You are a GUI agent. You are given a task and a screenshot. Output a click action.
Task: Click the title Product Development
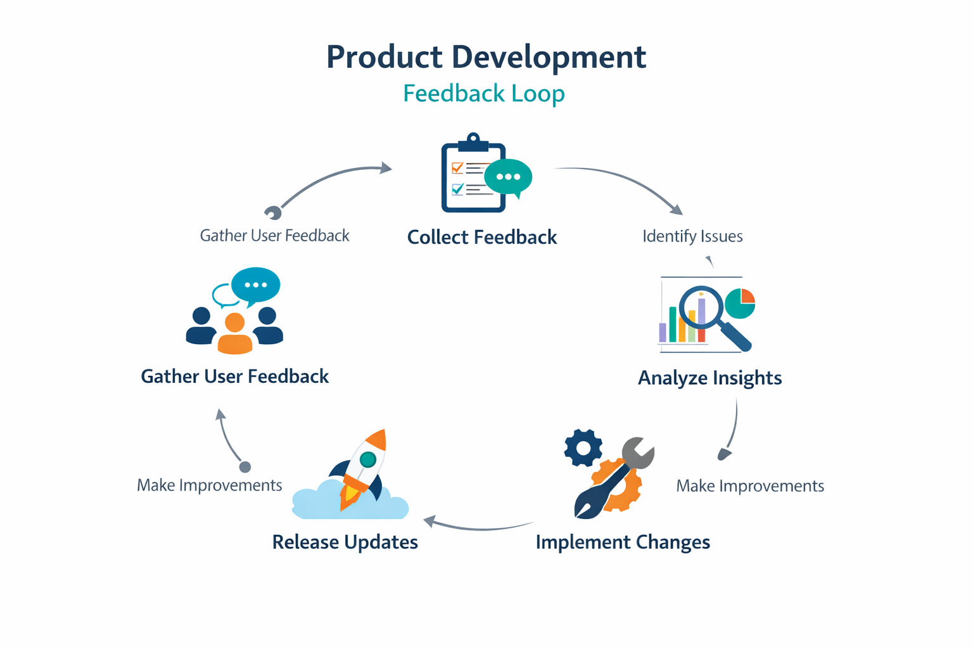tap(486, 57)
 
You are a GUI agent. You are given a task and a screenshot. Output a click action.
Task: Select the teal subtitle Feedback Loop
tap(484, 93)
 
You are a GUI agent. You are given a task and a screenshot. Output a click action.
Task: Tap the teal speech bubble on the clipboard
tap(508, 177)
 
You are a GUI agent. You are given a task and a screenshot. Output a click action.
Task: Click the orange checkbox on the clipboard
tap(457, 168)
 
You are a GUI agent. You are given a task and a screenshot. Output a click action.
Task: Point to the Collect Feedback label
tap(481, 237)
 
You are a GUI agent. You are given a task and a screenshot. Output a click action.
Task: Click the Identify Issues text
tap(692, 236)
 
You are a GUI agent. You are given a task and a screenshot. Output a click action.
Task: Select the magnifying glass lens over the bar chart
tap(701, 307)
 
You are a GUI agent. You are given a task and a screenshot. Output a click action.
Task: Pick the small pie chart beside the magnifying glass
tap(740, 303)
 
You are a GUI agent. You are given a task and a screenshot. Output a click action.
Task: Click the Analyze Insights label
tap(709, 378)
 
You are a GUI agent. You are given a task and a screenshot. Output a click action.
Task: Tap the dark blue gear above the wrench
tap(583, 447)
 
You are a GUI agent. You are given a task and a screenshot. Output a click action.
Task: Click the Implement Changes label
tap(623, 543)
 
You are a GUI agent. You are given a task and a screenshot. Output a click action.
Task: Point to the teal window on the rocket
tap(367, 459)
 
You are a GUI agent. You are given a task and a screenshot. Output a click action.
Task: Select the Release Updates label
tap(345, 543)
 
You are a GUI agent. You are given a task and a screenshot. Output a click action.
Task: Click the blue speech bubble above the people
tap(256, 285)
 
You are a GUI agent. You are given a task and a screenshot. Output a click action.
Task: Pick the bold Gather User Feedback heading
tap(234, 376)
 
